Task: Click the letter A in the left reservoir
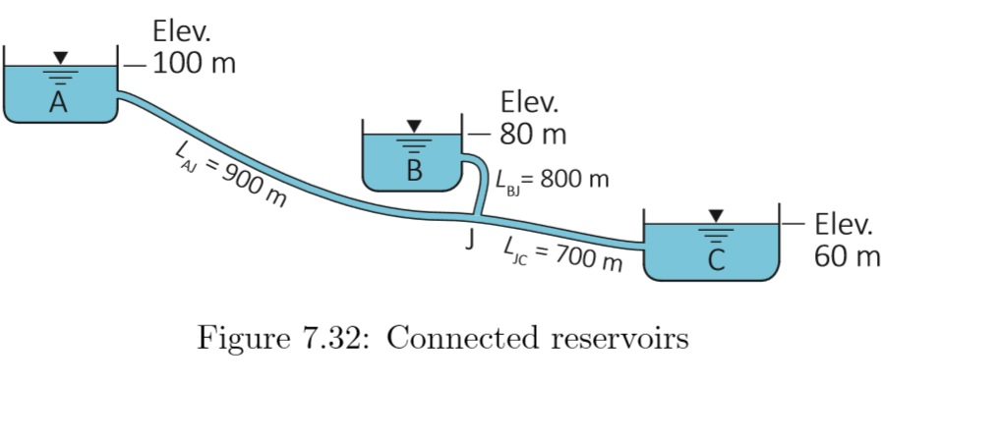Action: [58, 103]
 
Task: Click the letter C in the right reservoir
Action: [716, 260]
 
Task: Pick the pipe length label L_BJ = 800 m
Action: [552, 181]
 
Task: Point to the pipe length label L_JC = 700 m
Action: [562, 253]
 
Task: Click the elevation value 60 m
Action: [848, 257]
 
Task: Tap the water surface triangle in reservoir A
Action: [62, 58]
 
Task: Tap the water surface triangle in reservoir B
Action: [414, 127]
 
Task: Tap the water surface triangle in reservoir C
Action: [716, 214]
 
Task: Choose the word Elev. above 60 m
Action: [844, 225]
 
